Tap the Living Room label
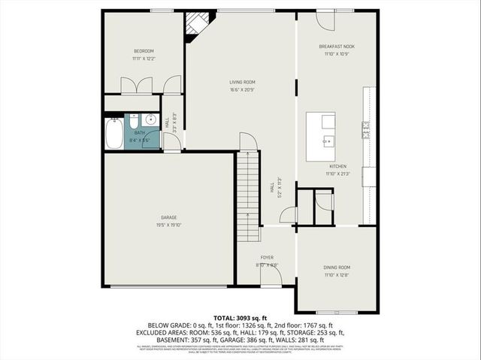[x=242, y=82]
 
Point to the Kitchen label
[x=337, y=166]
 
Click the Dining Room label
[x=337, y=268]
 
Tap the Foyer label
[x=266, y=257]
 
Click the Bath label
[x=140, y=133]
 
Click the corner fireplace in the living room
[x=198, y=26]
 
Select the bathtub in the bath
[x=114, y=134]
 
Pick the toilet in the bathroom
[x=132, y=123]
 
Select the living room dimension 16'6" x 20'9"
[x=242, y=90]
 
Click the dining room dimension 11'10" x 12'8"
[x=337, y=275]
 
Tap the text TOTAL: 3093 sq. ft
[x=240, y=318]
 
